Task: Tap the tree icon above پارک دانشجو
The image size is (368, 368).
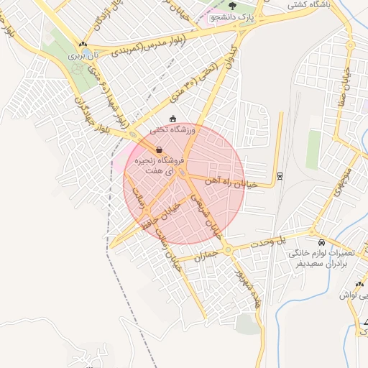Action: pyautogui.click(x=231, y=6)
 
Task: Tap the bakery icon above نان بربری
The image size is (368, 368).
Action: pyautogui.click(x=83, y=45)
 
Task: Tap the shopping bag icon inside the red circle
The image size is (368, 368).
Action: pyautogui.click(x=158, y=149)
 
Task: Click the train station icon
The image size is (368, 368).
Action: pyautogui.click(x=280, y=175)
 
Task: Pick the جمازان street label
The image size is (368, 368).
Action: pyautogui.click(x=205, y=253)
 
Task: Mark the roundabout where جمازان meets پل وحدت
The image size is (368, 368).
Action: pyautogui.click(x=227, y=250)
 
